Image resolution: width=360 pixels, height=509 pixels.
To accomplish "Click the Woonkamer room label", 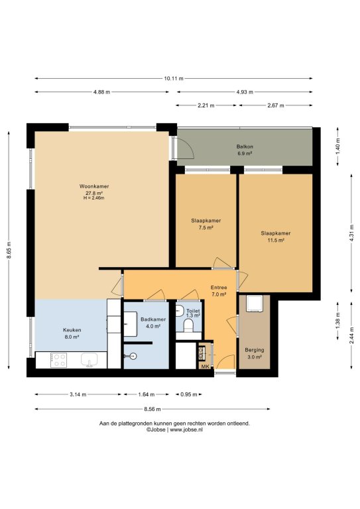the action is [x=94, y=186].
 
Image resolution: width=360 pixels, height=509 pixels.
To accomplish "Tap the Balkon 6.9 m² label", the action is [x=245, y=150].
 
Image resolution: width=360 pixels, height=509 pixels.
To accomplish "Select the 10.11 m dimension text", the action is [x=174, y=78].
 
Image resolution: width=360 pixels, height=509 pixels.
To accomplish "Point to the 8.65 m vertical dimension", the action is [x=9, y=251].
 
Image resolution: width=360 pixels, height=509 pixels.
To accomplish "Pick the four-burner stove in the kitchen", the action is [x=59, y=361].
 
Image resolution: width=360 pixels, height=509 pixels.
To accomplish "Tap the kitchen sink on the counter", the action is [x=90, y=360].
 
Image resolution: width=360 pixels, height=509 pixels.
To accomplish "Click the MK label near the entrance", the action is [x=205, y=367].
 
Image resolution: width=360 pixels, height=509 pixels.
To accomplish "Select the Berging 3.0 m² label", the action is [x=255, y=353].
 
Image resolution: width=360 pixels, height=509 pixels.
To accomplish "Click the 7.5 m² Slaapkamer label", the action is [x=206, y=224].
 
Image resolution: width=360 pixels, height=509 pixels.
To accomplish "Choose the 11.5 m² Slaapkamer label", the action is [x=276, y=237].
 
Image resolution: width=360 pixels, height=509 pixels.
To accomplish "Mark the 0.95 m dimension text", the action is [x=189, y=394].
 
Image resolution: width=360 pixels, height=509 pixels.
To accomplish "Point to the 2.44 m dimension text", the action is [x=352, y=335].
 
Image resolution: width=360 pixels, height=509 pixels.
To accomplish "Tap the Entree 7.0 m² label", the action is [x=219, y=291].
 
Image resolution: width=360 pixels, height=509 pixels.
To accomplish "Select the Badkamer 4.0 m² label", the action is [x=153, y=323].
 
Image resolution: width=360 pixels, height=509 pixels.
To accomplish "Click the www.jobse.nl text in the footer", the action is [x=186, y=429].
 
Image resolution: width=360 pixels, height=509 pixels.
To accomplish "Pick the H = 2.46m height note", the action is [x=94, y=198].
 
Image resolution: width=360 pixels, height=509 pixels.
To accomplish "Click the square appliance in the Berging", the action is [x=254, y=304].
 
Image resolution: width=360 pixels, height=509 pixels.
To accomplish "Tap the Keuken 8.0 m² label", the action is [x=72, y=333].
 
